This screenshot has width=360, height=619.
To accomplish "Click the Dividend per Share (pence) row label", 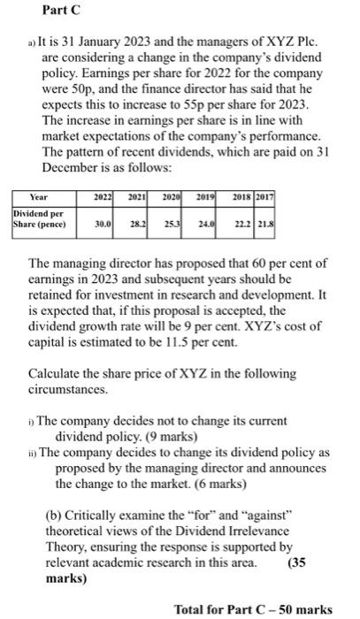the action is coord(41,219).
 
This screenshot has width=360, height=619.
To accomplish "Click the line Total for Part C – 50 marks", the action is coord(253,608).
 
